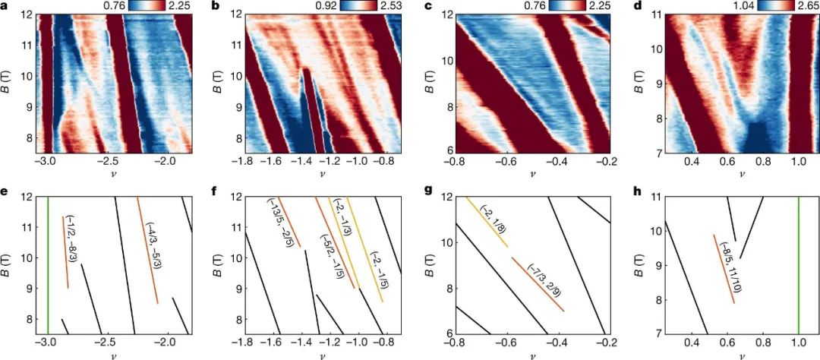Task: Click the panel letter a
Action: [x=8, y=8]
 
